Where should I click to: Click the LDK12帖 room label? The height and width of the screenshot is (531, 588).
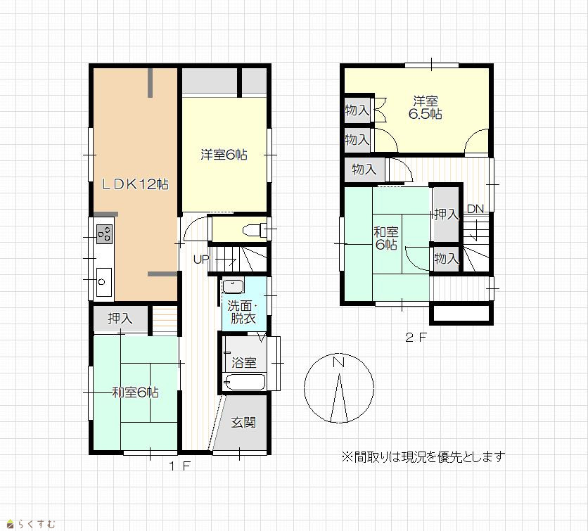135,184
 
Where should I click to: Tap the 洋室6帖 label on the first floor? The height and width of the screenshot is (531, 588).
224,155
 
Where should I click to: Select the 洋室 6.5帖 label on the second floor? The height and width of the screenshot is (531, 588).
426,107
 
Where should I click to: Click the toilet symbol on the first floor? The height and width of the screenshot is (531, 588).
254,229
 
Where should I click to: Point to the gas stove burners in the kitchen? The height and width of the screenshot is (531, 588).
105,233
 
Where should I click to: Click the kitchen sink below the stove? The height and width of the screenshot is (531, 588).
104,282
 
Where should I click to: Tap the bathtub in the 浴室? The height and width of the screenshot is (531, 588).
244,383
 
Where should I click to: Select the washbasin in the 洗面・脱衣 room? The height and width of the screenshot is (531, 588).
233,286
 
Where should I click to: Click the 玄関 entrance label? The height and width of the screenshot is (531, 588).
243,423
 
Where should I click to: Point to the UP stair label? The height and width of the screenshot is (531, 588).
201,259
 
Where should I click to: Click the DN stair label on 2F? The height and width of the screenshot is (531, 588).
475,209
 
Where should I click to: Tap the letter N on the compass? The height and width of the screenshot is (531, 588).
338,362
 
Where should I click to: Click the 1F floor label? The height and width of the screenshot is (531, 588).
180,466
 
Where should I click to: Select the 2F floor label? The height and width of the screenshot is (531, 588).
416,338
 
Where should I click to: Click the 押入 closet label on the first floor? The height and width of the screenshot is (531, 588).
120,319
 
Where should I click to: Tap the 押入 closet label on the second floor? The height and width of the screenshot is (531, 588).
446,215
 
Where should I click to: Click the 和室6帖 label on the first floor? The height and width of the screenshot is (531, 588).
135,392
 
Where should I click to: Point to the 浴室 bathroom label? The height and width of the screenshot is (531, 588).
244,363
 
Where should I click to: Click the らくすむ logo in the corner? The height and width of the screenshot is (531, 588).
32,523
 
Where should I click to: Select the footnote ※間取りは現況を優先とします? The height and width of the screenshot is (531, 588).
423,456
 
